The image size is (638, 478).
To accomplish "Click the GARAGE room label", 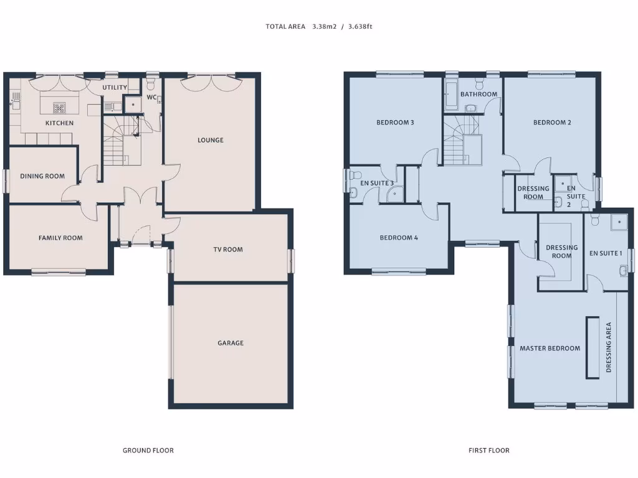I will [231, 343].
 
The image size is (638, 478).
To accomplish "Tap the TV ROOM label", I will [228, 250].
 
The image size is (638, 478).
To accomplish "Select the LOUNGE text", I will [211, 140].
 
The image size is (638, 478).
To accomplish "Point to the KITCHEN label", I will [59, 123].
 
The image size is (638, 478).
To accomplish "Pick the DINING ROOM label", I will [42, 176].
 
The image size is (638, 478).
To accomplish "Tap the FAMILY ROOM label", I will [60, 238].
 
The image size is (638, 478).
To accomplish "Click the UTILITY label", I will [115, 88].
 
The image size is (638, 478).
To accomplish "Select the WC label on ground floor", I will [151, 98].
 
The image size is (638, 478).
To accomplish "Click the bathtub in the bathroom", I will [451, 96].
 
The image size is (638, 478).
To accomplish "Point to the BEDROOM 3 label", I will [395, 123].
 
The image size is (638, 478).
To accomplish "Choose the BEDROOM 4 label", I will [399, 238].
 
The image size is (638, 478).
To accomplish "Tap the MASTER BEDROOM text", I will [550, 349].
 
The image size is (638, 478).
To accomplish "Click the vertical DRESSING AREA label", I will [609, 347].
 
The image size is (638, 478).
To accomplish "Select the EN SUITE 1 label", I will [606, 253].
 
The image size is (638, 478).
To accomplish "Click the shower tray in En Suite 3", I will [394, 195].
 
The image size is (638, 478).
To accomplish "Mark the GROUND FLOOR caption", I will [148, 450].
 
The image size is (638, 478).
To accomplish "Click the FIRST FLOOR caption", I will [489, 450].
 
